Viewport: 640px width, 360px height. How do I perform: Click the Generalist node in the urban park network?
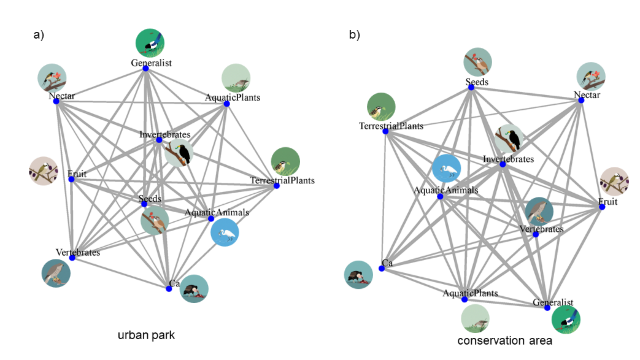146,68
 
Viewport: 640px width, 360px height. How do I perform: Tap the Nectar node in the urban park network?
56,101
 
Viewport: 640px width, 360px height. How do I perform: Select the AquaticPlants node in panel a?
226,104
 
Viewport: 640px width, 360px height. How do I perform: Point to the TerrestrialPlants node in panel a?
277,185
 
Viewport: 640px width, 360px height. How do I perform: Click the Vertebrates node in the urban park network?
72,258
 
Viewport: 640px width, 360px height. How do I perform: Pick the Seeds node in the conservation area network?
471,88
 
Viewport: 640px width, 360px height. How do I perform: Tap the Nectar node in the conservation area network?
581,100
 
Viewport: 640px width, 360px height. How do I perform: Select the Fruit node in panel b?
602,207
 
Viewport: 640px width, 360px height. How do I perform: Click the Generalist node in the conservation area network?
547,308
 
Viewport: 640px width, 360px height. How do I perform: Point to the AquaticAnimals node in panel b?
440,196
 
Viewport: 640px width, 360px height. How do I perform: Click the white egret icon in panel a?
225,233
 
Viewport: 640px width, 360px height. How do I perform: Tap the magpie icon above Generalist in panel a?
150,44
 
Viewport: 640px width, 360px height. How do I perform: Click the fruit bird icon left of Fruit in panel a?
43,171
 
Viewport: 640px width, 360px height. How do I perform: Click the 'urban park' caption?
146,335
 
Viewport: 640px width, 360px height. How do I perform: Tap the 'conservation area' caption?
504,341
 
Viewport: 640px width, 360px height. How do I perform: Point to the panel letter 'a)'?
39,35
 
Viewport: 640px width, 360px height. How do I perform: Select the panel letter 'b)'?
355,35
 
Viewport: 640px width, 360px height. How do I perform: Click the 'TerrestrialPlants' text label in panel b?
391,126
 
